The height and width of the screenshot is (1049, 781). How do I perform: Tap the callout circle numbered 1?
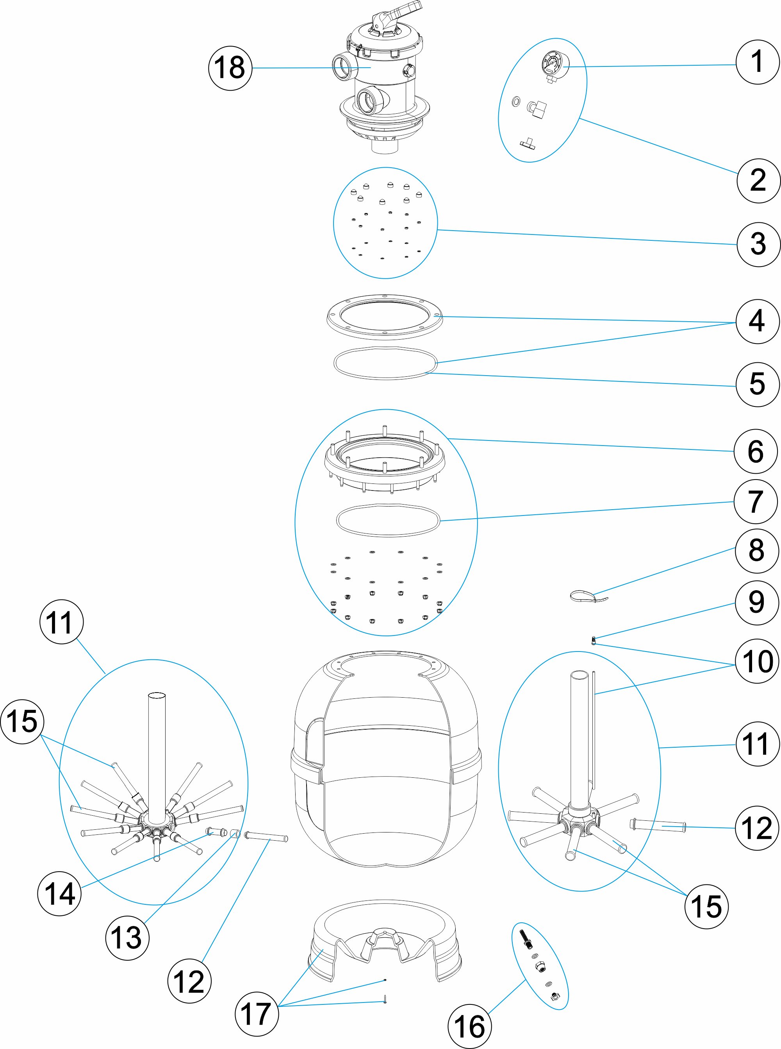pos(757,62)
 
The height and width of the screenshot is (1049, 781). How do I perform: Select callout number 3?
pos(758,244)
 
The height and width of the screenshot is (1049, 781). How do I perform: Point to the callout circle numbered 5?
pos(757,384)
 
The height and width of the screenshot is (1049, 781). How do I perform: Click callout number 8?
pos(756,550)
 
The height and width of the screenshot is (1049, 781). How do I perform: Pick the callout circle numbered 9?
pos(756,602)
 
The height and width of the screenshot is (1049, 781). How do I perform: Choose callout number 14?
pos(60,894)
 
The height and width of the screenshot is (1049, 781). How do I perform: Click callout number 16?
pos(469,1026)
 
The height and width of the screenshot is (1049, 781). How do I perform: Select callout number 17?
pos(256,1014)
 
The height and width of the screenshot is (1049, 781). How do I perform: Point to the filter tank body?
pos(386,766)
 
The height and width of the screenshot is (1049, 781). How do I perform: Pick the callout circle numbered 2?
pos(758,181)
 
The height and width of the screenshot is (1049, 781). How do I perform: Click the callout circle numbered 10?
pos(757,661)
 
